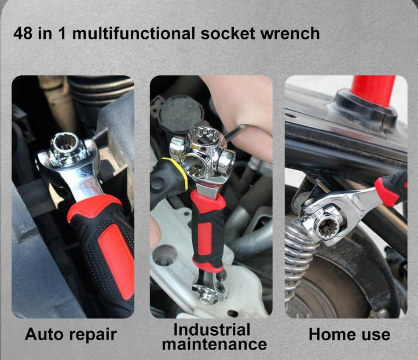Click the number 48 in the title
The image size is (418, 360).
(23, 33)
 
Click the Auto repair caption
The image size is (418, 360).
(71, 335)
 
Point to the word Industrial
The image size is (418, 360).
(212, 330)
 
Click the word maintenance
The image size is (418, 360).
(214, 345)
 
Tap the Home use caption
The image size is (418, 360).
(349, 335)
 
